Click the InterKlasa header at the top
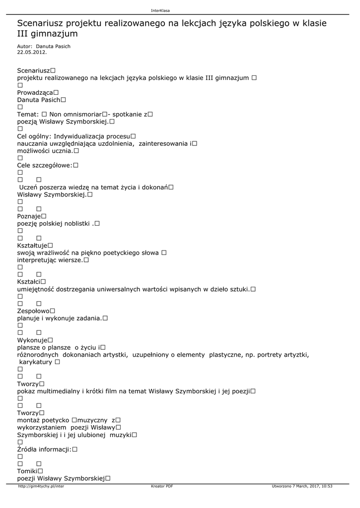[x=160, y=11]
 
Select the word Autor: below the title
[x=24, y=46]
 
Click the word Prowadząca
[x=35, y=93]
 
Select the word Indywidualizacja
[x=79, y=136]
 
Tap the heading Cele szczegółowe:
[x=45, y=165]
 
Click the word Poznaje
[x=29, y=216]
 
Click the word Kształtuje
[x=32, y=246]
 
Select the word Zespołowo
[x=33, y=311]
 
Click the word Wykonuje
[x=32, y=340]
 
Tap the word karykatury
[x=36, y=362]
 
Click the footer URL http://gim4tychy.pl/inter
[x=41, y=486]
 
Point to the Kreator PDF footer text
[x=162, y=486]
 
